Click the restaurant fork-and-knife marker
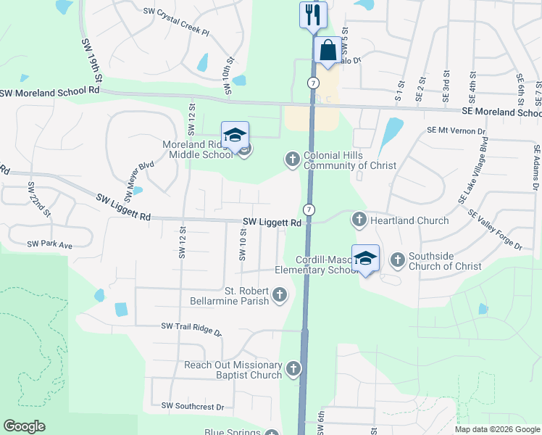(x=313, y=14)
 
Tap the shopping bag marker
(x=328, y=51)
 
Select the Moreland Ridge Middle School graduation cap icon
(x=235, y=135)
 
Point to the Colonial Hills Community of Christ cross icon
(x=292, y=159)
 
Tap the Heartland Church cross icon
(x=359, y=219)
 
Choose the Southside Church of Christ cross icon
(x=397, y=259)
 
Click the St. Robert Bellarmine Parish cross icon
(x=280, y=295)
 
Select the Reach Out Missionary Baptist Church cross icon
(x=293, y=369)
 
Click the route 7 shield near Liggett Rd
(x=309, y=210)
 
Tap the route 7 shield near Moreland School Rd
(x=312, y=83)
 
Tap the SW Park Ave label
(x=49, y=245)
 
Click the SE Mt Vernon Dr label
(x=456, y=130)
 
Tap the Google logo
(x=24, y=426)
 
